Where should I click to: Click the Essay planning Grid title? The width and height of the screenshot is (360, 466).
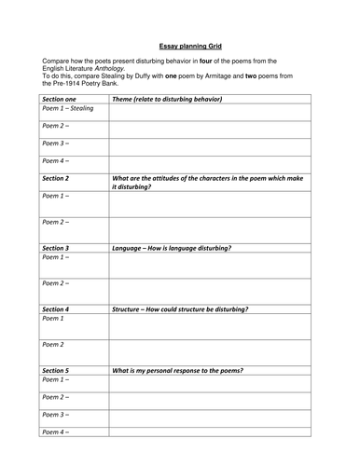coord(179,43)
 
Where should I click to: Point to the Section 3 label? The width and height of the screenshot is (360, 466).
coord(58,249)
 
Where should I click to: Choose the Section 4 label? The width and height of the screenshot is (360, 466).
coord(58,308)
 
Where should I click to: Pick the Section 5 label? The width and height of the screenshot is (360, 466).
coord(58,369)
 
